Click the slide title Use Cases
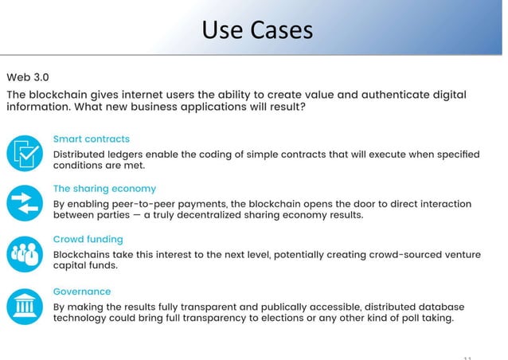coord(256,30)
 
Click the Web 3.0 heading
coord(28,77)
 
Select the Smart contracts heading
coord(91,139)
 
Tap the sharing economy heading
coord(104,189)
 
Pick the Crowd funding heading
coord(88,239)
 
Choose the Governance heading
coord(81,292)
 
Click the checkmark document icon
coord(24,153)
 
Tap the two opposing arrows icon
coord(24,204)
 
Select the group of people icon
coord(24,254)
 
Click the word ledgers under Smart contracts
coord(135,153)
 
